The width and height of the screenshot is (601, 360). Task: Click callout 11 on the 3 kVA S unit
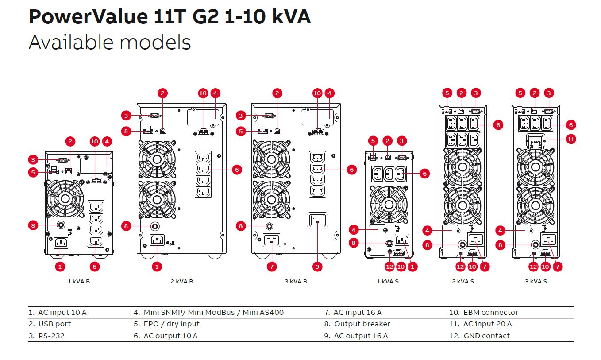click(571, 139)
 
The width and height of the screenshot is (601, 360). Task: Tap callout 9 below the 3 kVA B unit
click(317, 267)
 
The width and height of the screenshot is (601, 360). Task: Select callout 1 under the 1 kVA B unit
click(61, 267)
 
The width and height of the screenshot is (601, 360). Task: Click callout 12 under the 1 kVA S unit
click(389, 267)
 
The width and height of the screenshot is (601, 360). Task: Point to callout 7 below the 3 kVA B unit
click(272, 267)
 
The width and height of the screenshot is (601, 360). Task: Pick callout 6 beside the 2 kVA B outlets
click(237, 170)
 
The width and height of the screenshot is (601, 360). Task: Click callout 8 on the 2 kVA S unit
click(427, 245)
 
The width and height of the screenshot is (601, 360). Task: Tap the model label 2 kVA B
click(181, 282)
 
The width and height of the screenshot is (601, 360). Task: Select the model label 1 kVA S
click(388, 282)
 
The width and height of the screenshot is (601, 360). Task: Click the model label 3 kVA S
click(536, 282)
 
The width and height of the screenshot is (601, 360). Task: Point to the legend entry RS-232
click(51, 336)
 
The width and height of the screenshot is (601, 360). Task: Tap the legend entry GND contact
click(486, 336)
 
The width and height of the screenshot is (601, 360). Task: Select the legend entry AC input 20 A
click(487, 324)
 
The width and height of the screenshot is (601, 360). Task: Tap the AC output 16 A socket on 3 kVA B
click(317, 220)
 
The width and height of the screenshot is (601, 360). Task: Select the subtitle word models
click(155, 43)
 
